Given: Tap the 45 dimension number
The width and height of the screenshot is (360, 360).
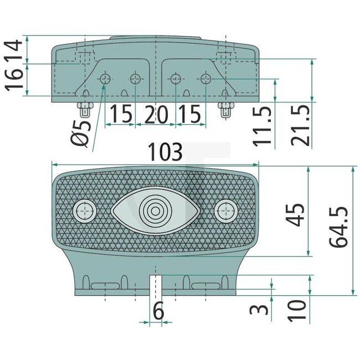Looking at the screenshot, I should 297,215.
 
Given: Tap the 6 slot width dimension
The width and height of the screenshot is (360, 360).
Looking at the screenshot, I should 158,312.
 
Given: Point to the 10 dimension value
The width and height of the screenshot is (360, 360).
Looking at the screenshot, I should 297,311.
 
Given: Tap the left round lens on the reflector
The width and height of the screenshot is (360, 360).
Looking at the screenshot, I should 85,210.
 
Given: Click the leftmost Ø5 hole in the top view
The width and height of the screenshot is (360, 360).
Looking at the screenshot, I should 105,79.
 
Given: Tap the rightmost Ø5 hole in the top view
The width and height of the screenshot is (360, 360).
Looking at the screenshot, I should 205,79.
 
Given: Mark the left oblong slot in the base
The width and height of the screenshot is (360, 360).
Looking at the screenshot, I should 107,285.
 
